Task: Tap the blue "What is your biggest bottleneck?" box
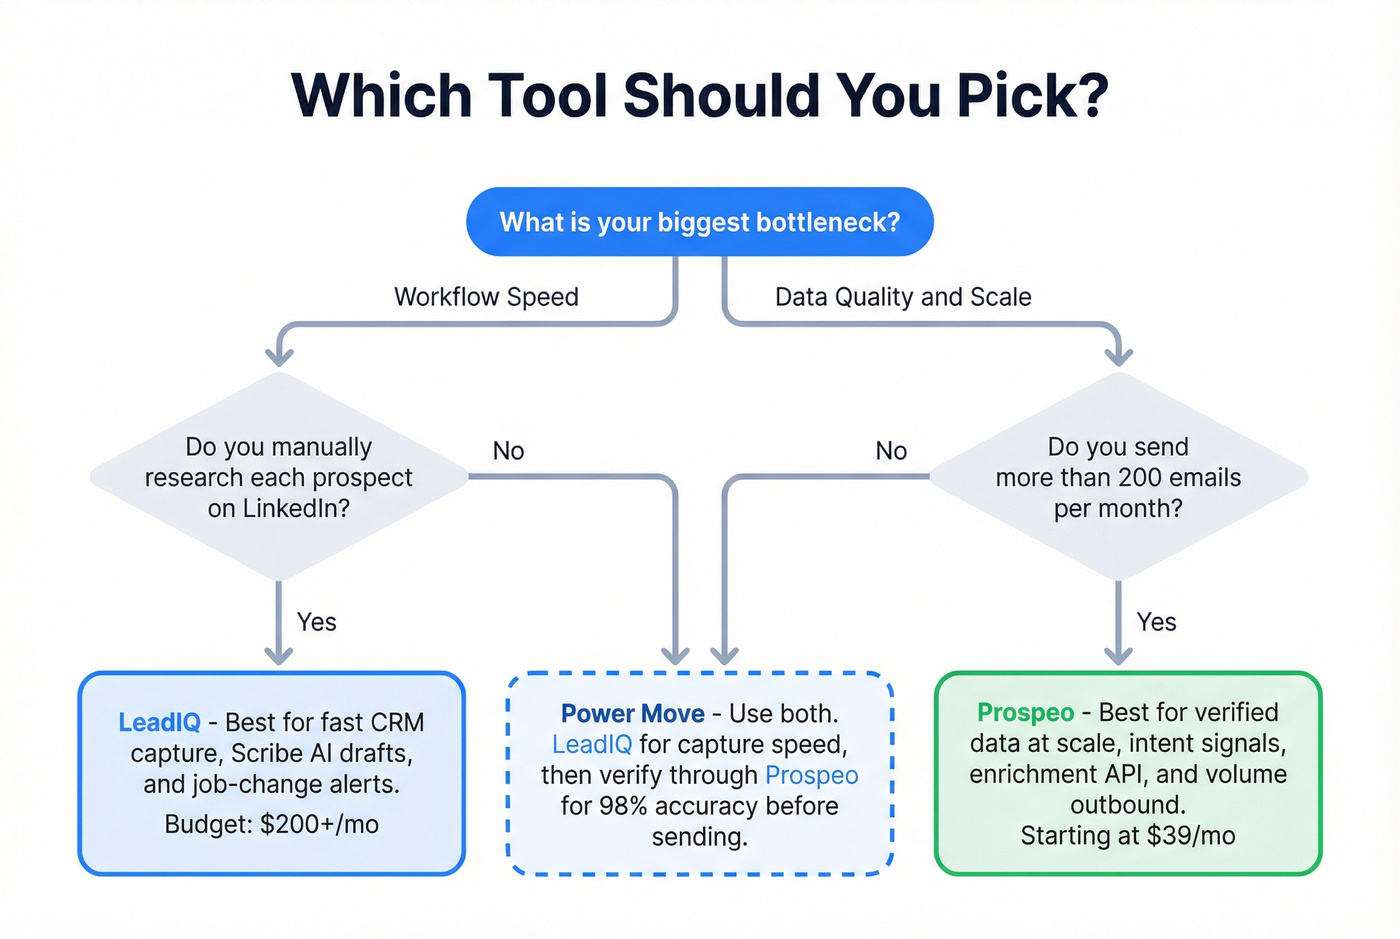tap(699, 222)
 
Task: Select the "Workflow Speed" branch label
tap(486, 297)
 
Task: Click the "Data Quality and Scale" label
tap(903, 297)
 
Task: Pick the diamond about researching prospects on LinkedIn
tap(279, 477)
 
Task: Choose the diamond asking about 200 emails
tap(1118, 477)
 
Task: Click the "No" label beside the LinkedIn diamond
tap(508, 451)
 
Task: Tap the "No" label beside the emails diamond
tap(891, 451)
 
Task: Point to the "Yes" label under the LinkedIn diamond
tap(316, 622)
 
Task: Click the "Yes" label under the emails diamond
tap(1156, 622)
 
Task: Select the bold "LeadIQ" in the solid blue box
tap(159, 722)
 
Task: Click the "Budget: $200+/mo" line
tap(271, 824)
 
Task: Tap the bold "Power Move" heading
tap(632, 714)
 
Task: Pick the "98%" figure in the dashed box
tap(623, 806)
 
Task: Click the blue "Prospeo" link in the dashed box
tap(811, 775)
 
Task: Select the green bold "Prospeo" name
tap(1025, 712)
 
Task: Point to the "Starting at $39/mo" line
tap(1127, 836)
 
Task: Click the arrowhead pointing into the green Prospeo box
tap(1118, 656)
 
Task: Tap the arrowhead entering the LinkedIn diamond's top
tap(279, 355)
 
